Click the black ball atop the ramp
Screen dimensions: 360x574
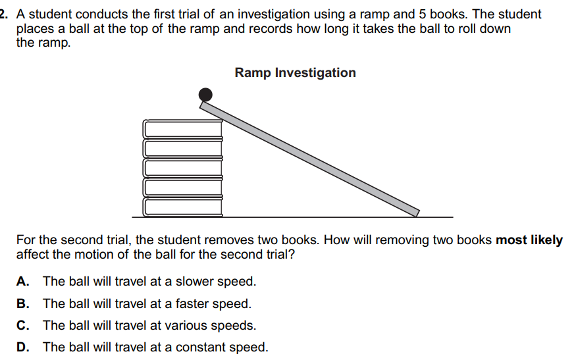click(x=205, y=95)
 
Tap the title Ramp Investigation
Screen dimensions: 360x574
click(x=295, y=73)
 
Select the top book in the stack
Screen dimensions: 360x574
click(x=183, y=128)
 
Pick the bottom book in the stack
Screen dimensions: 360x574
click(x=183, y=207)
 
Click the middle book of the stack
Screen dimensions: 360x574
click(x=183, y=168)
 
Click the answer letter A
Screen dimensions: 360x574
click(x=22, y=282)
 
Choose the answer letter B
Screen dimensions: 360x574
click(x=22, y=304)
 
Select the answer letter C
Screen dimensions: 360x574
click(x=22, y=326)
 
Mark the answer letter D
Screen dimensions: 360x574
click(x=22, y=347)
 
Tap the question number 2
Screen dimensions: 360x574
click(x=3, y=14)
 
